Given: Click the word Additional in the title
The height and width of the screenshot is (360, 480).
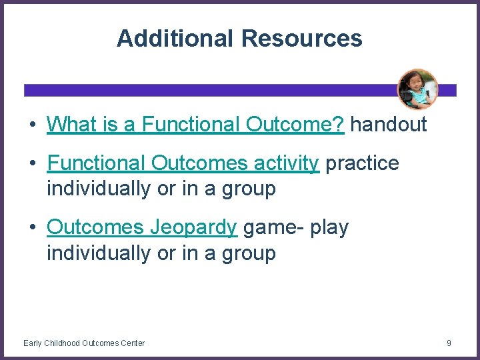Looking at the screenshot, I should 176,38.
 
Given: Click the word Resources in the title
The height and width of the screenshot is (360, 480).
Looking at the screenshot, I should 302,38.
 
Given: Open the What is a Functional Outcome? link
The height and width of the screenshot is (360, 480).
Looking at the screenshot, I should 195,124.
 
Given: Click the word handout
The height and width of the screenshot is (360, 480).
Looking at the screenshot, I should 388,124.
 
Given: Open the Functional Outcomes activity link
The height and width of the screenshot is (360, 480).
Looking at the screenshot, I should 183,163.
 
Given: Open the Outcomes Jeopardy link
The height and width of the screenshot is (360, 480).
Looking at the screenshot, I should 141,228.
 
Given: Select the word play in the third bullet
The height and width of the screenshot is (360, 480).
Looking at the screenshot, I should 329,228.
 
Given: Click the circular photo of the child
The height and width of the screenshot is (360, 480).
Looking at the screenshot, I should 417,89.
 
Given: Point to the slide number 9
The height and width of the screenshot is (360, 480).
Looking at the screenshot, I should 449,343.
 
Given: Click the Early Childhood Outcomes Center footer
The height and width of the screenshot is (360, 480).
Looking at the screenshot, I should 84,343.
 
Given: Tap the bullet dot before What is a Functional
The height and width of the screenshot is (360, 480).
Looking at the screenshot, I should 31,125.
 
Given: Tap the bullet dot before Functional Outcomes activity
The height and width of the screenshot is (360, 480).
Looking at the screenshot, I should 31,164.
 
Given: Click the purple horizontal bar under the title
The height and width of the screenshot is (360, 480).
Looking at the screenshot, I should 200,90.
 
